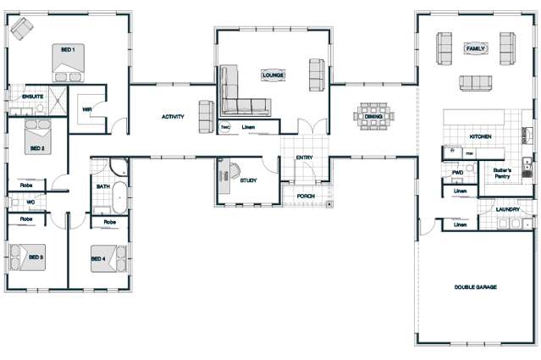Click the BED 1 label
click(68, 51)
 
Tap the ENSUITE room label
click(21, 97)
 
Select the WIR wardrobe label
click(87, 109)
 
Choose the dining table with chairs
click(373, 116)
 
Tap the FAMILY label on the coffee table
click(475, 50)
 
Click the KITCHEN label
click(481, 136)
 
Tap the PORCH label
click(305, 197)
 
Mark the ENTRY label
click(305, 158)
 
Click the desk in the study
click(227, 173)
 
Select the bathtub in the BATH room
click(119, 197)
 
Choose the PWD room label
click(458, 172)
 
